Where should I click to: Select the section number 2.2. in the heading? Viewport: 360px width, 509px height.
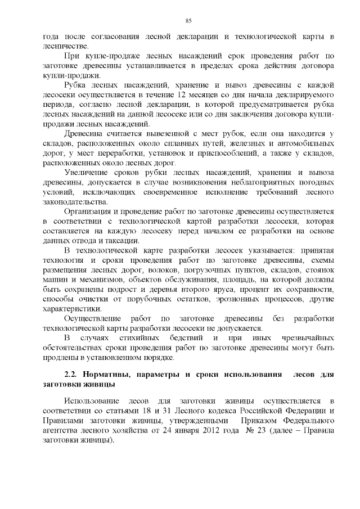(x=73, y=373)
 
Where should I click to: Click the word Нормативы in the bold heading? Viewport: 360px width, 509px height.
(x=109, y=373)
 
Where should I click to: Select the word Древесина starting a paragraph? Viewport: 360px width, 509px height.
(x=87, y=133)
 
